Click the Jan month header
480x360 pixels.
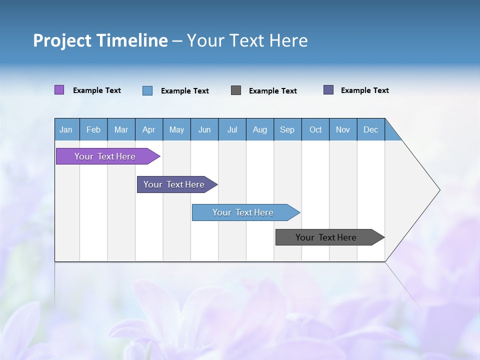click(x=66, y=129)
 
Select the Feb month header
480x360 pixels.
click(x=93, y=129)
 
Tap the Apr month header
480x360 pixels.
click(x=149, y=129)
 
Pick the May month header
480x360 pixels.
click(x=176, y=129)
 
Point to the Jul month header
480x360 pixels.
click(x=232, y=129)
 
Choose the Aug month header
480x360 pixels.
click(x=260, y=129)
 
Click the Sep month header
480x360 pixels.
click(x=287, y=129)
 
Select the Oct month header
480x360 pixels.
click(x=315, y=129)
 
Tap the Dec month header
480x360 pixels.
click(x=371, y=129)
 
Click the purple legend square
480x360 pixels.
click(x=59, y=90)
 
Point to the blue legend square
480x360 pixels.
click(x=147, y=90)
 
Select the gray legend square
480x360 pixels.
click(x=236, y=90)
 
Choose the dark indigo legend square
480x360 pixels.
click(x=328, y=90)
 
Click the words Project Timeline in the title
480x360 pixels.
click(x=100, y=40)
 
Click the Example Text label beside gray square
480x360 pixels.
click(x=273, y=91)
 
